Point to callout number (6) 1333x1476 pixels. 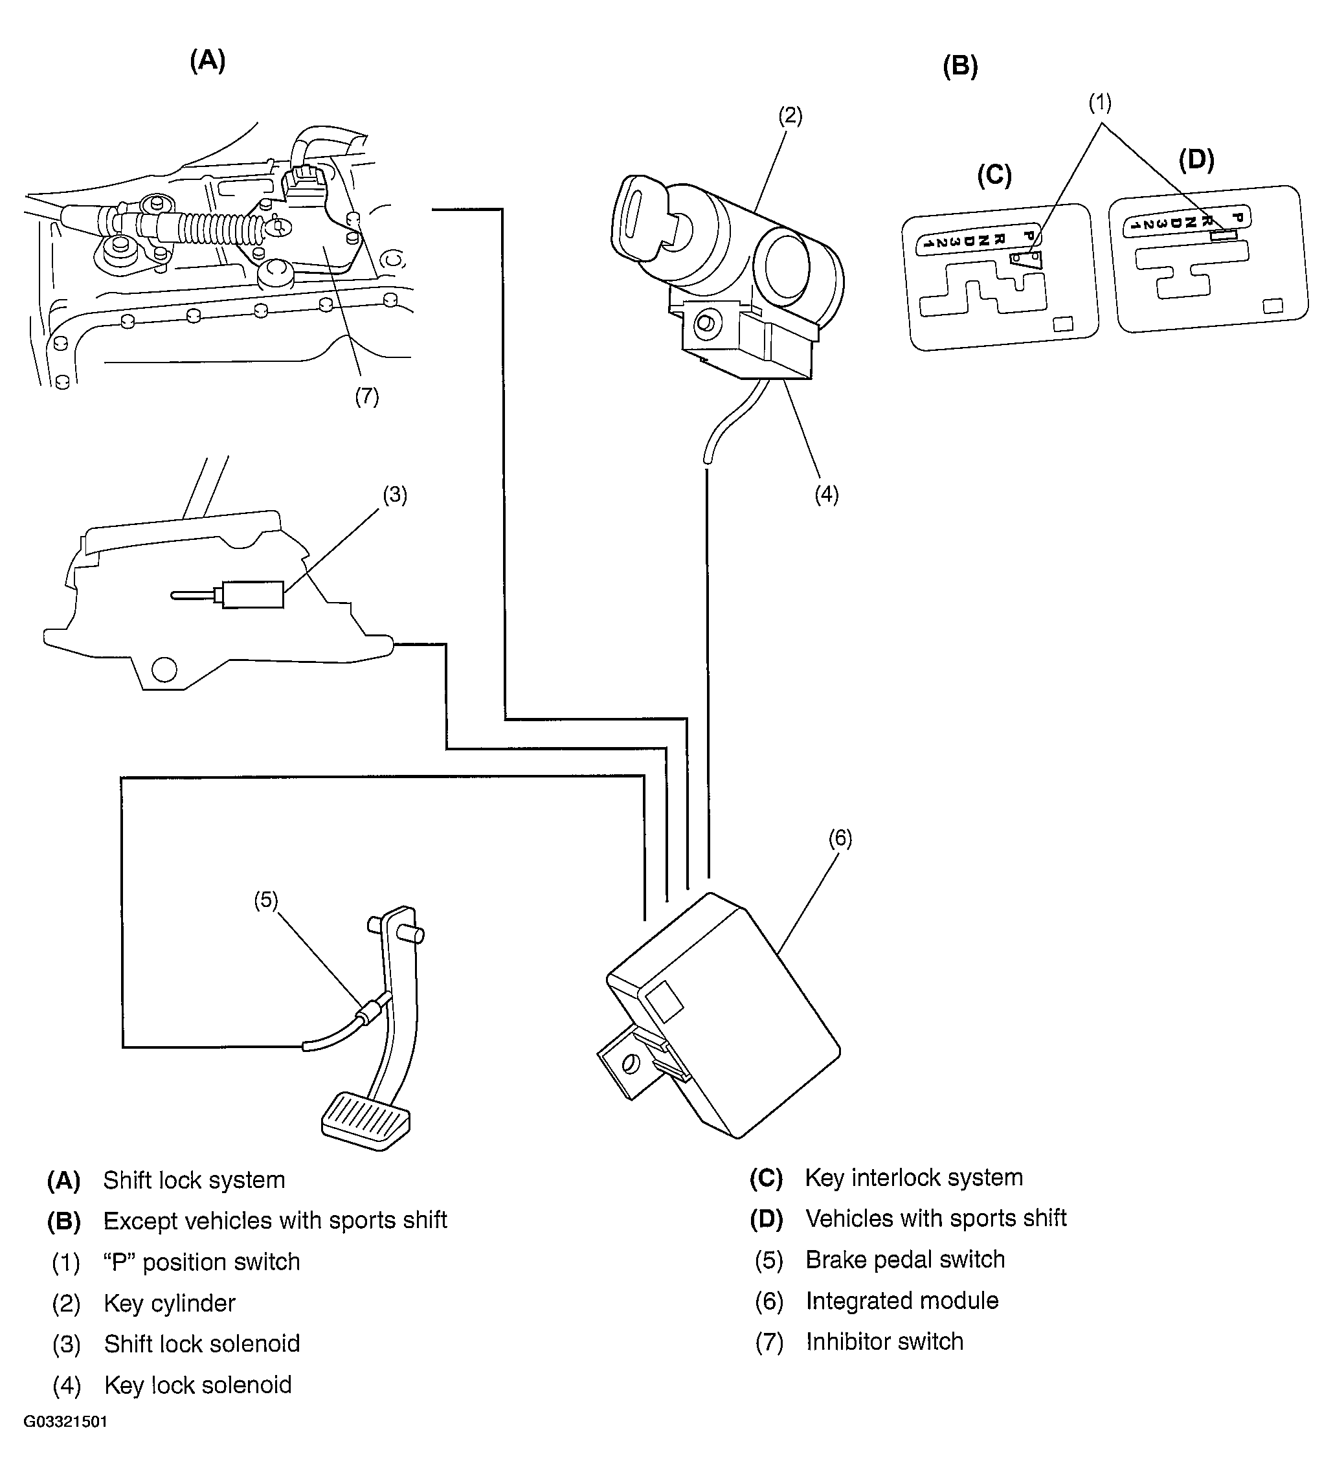[840, 838]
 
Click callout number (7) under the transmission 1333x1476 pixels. [366, 396]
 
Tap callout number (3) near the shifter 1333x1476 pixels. [396, 495]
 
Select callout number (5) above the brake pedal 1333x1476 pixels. [265, 900]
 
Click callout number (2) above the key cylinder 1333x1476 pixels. [790, 116]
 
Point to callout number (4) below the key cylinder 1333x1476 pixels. [827, 495]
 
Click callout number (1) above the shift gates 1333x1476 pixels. [1099, 103]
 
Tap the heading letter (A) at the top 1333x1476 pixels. [208, 60]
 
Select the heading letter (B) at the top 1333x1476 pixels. [960, 67]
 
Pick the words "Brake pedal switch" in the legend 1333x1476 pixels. [905, 1259]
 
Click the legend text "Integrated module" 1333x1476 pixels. [902, 1301]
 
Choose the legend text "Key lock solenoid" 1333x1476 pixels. [197, 1385]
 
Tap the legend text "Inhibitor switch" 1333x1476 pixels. [884, 1341]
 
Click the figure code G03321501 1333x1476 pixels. [66, 1442]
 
